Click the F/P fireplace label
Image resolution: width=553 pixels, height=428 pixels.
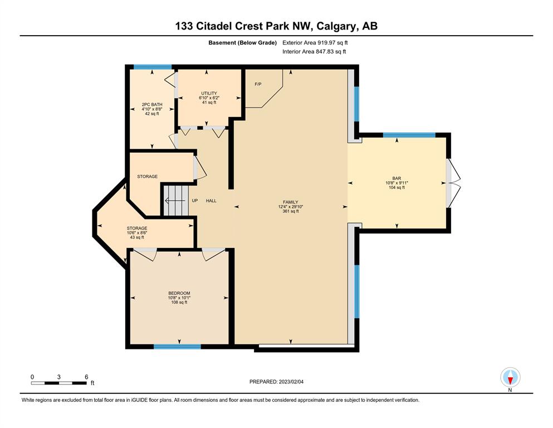point(258,84)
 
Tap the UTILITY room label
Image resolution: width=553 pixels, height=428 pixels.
point(209,94)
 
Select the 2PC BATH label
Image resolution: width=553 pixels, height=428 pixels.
point(152,104)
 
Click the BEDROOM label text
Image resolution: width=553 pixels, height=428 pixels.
point(179,293)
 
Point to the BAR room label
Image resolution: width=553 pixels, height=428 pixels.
point(397,178)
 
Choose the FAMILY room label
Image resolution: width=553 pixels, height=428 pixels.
point(291,202)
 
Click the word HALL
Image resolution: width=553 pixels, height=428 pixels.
point(211,201)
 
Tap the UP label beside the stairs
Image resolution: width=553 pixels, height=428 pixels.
point(195,201)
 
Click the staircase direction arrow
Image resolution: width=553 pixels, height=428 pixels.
point(175,201)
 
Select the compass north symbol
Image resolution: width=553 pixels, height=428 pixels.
point(510,377)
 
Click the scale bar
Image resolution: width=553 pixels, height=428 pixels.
point(58,383)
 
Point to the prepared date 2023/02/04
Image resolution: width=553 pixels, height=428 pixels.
point(291,382)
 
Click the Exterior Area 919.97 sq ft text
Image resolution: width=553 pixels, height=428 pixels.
point(315,43)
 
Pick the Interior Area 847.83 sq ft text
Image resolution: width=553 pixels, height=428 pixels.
point(314,51)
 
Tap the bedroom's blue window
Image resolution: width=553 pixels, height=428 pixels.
point(178,347)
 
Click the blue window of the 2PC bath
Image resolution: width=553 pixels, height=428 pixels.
point(153,67)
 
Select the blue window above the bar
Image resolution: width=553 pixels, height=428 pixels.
point(409,135)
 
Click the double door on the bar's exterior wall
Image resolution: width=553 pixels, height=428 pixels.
point(453,183)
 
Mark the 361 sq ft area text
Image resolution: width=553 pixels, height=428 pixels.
point(291,211)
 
